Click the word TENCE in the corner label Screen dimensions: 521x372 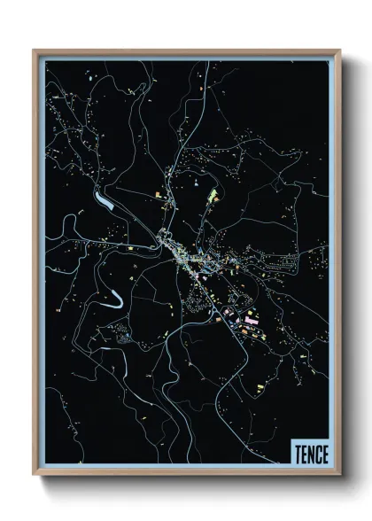[309, 452]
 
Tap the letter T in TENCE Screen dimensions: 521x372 [297, 452]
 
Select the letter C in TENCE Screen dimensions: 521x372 [316, 452]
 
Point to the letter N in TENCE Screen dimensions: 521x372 [309, 452]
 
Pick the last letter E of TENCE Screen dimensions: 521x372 [323, 452]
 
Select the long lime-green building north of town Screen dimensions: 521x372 [212, 194]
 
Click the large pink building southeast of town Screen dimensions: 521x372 [251, 315]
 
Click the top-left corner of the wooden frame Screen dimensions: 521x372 [35, 51]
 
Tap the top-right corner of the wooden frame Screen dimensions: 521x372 [339, 51]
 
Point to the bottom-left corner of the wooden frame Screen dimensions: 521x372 [35, 477]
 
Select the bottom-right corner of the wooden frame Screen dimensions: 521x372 [339, 477]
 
